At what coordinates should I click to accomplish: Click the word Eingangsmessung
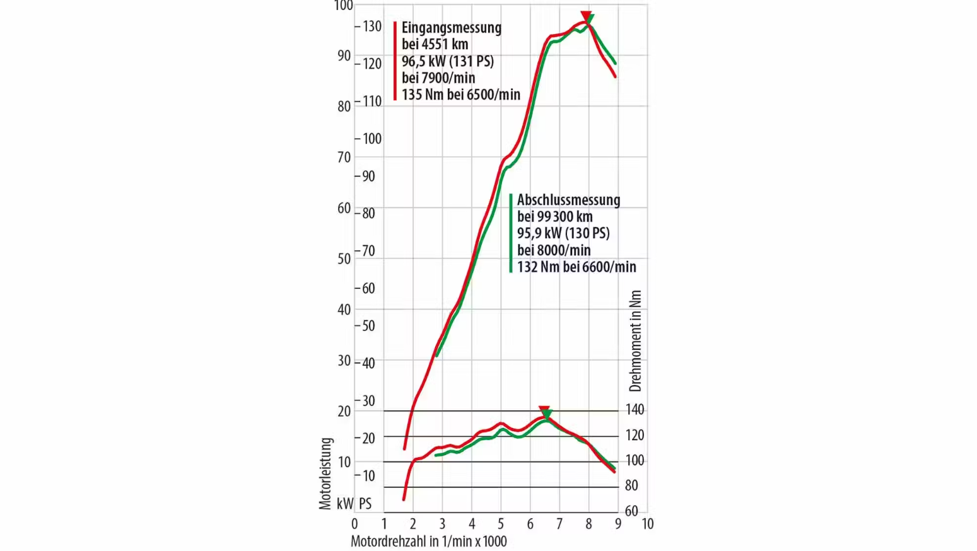(x=451, y=28)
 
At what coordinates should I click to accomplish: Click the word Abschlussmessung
(x=568, y=200)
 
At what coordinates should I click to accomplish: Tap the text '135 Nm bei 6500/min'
(x=460, y=95)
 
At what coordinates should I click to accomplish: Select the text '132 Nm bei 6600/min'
(x=576, y=267)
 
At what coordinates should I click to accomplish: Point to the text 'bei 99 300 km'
(x=554, y=217)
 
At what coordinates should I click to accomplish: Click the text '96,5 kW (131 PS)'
(x=447, y=61)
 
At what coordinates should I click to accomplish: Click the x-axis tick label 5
(x=501, y=524)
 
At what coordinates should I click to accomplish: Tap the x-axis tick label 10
(x=647, y=524)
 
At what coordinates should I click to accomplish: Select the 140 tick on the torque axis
(x=635, y=410)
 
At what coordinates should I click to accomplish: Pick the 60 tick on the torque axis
(x=631, y=511)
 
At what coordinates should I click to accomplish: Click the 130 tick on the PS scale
(x=371, y=26)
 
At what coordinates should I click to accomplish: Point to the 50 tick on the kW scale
(x=344, y=258)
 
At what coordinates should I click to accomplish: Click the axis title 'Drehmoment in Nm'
(x=635, y=340)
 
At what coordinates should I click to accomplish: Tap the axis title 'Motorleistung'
(x=325, y=473)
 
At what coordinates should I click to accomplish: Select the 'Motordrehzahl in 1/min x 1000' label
(x=428, y=542)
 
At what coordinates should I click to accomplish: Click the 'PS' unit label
(x=365, y=504)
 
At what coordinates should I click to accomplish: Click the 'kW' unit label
(x=344, y=504)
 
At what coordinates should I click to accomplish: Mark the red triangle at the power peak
(x=585, y=15)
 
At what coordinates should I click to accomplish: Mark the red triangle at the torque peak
(x=543, y=410)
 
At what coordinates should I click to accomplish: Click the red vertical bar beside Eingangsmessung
(x=395, y=61)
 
